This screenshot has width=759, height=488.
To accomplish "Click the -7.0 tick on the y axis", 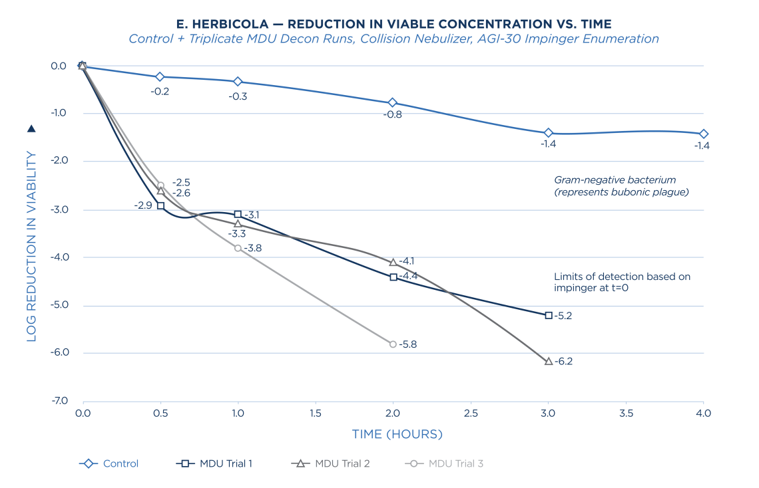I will [x=58, y=402].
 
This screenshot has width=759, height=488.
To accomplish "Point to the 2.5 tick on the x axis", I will [x=471, y=414].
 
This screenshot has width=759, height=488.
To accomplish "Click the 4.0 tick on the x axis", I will [x=704, y=414].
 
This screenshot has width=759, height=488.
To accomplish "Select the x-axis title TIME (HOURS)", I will [x=397, y=434].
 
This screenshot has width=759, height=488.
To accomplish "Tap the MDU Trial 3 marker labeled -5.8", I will [x=393, y=344].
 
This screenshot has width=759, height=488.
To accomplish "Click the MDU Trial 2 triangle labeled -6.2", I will [x=549, y=362].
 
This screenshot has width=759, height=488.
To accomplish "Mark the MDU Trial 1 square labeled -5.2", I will [x=549, y=315].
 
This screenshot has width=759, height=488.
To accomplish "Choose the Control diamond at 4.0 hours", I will [x=704, y=134].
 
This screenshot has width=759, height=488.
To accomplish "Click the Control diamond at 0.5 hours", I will [x=160, y=77].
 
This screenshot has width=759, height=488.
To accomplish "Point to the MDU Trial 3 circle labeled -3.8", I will [x=238, y=248].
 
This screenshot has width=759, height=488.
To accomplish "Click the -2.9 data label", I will [x=142, y=206].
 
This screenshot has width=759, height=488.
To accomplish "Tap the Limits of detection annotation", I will [x=621, y=282].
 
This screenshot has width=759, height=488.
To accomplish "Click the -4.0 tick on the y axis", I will [x=58, y=257].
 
